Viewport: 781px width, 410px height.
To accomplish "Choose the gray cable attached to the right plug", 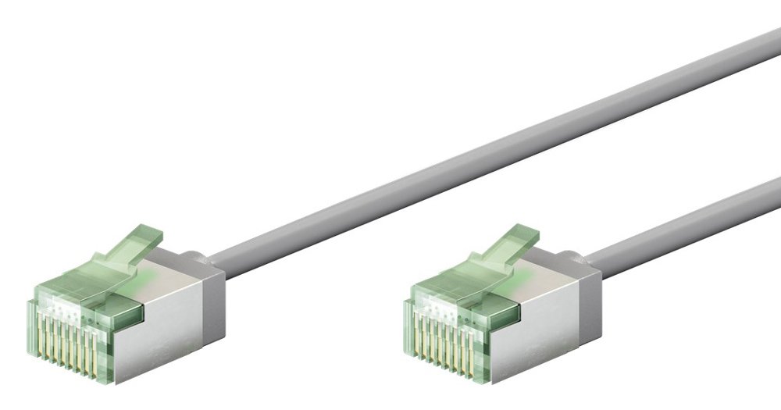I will (x=687, y=215).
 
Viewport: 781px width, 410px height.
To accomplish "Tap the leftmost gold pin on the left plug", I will (x=38, y=332).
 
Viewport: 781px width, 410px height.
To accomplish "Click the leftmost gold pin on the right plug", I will (x=414, y=332).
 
